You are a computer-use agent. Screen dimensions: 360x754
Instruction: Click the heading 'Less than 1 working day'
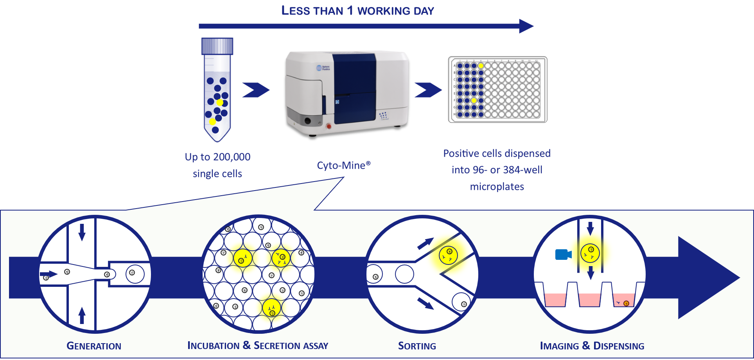tap(357, 11)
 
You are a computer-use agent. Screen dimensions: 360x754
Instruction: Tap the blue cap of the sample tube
tap(217, 46)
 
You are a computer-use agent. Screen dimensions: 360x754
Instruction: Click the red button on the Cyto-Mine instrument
tap(329, 126)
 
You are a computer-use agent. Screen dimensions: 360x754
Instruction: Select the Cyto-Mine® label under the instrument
tap(343, 166)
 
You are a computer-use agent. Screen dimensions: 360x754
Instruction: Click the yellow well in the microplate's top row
tap(481, 66)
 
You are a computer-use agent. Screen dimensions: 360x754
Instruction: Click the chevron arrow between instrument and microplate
tap(427, 90)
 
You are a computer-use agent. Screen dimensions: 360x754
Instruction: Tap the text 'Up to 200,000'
tap(217, 157)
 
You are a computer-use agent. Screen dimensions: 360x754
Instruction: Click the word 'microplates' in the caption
tap(497, 187)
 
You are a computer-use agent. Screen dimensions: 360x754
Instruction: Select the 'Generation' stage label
tap(94, 346)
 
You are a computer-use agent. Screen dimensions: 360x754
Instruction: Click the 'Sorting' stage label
tap(417, 346)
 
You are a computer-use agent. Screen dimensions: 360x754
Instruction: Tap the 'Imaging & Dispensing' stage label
tap(592, 346)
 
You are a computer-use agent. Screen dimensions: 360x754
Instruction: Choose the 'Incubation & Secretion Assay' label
tap(258, 346)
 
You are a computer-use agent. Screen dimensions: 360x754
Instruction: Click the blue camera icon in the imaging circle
tap(563, 254)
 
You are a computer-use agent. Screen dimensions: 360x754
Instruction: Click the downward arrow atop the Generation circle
tap(82, 232)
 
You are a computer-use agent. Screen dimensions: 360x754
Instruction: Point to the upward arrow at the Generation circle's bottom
tap(82, 315)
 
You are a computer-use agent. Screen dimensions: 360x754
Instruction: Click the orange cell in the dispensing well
tap(626, 303)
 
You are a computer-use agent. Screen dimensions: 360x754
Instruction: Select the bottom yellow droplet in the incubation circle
tap(271, 308)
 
